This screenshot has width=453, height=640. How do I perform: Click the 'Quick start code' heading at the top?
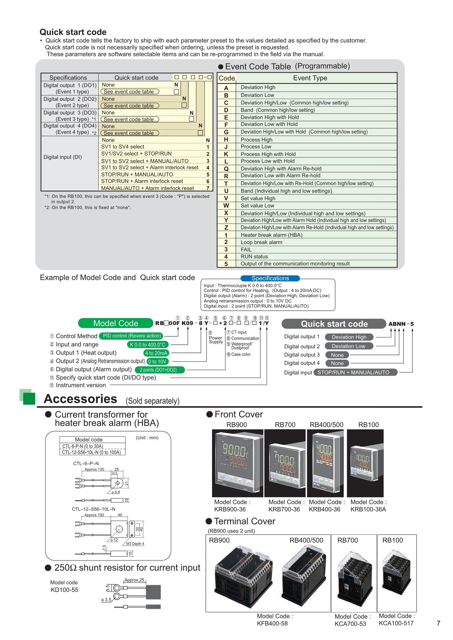(x=73, y=32)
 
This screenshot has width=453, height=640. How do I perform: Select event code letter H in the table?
(x=226, y=139)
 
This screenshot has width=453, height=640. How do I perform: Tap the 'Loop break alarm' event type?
(x=261, y=242)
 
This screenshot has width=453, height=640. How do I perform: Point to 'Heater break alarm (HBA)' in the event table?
(x=271, y=235)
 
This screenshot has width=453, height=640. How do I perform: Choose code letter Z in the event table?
(x=226, y=228)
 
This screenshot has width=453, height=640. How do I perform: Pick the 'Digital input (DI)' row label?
(x=63, y=157)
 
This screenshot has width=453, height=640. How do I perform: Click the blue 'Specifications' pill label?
(x=270, y=278)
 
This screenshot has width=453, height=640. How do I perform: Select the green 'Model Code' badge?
(x=115, y=323)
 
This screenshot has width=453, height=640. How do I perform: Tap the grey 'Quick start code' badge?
(x=334, y=324)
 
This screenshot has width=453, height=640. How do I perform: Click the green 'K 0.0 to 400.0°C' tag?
(x=147, y=345)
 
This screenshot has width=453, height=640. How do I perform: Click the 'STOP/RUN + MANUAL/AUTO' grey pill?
(x=353, y=372)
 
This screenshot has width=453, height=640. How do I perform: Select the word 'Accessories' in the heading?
(x=80, y=399)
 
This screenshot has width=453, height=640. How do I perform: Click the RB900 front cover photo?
(x=237, y=463)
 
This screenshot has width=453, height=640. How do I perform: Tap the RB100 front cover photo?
(x=365, y=463)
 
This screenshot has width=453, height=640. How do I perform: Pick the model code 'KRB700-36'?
(x=284, y=509)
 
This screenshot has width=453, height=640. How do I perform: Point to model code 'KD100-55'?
(x=64, y=590)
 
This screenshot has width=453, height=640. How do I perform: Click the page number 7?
(x=438, y=623)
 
